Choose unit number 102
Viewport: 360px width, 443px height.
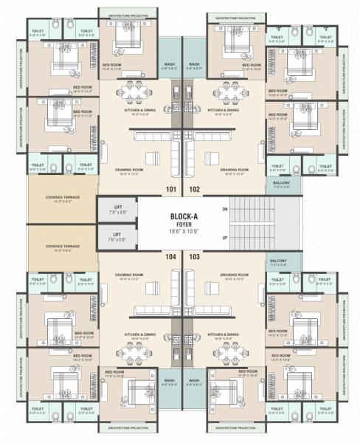pyautogui.click(x=195, y=189)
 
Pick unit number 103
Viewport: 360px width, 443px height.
pyautogui.click(x=195, y=256)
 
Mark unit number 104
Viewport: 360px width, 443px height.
pyautogui.click(x=170, y=256)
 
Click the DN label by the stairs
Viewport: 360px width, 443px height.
pyautogui.click(x=224, y=209)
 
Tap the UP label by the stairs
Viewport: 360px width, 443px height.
pyautogui.click(x=224, y=238)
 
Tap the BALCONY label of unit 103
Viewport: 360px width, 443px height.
pyautogui.click(x=278, y=261)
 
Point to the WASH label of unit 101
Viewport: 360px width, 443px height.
pyautogui.click(x=169, y=64)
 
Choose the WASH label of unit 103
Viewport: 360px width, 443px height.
pyautogui.click(x=194, y=381)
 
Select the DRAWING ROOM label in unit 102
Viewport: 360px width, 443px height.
pyautogui.click(x=234, y=169)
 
